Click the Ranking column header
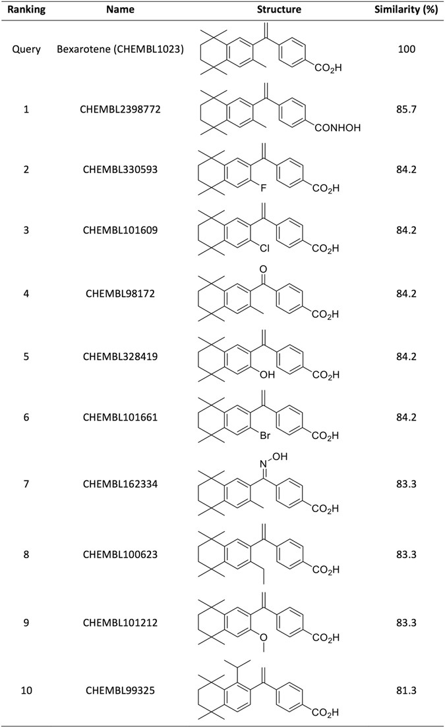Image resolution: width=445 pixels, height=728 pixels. click(x=26, y=10)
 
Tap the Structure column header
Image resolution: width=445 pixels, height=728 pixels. click(x=279, y=10)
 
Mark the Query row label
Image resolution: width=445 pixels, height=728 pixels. click(x=26, y=49)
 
